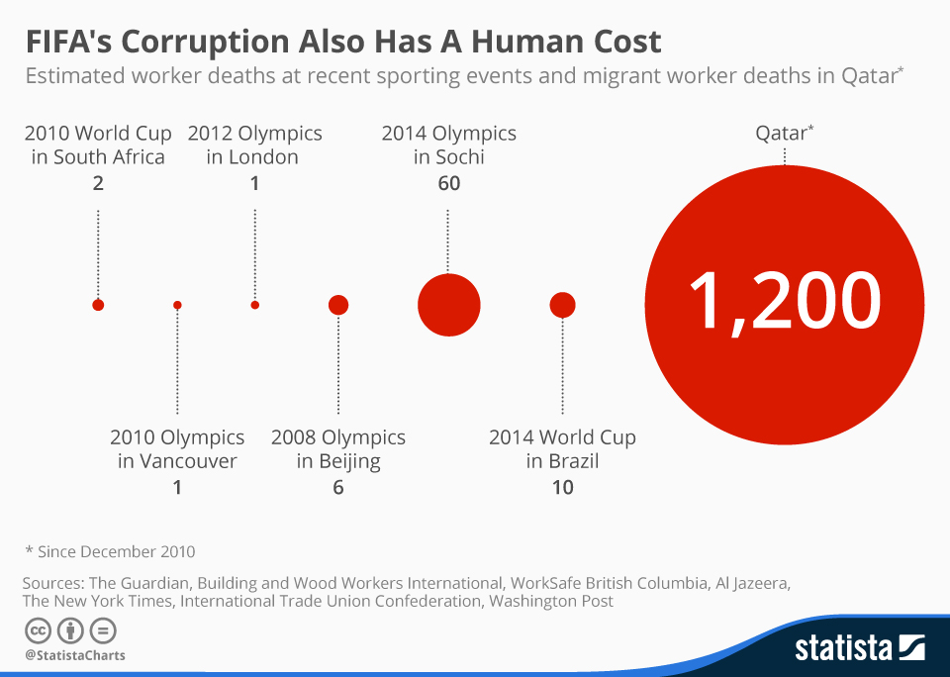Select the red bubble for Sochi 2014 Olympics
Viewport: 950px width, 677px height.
448,305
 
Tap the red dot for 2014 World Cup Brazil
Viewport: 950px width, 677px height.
562,305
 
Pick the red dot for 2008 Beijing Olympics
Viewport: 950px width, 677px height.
338,305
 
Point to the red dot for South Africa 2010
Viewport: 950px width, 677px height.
98,305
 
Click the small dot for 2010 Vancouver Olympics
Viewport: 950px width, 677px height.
177,305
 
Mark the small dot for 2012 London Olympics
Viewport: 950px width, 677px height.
255,305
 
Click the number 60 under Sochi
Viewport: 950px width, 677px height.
448,183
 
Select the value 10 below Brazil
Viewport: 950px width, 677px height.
562,487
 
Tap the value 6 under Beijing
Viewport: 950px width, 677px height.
338,487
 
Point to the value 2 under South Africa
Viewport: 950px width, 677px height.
98,183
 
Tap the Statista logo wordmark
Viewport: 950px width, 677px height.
843,648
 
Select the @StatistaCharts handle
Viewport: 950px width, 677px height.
75,655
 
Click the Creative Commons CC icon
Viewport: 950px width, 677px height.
38,629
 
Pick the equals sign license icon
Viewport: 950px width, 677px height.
103,629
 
